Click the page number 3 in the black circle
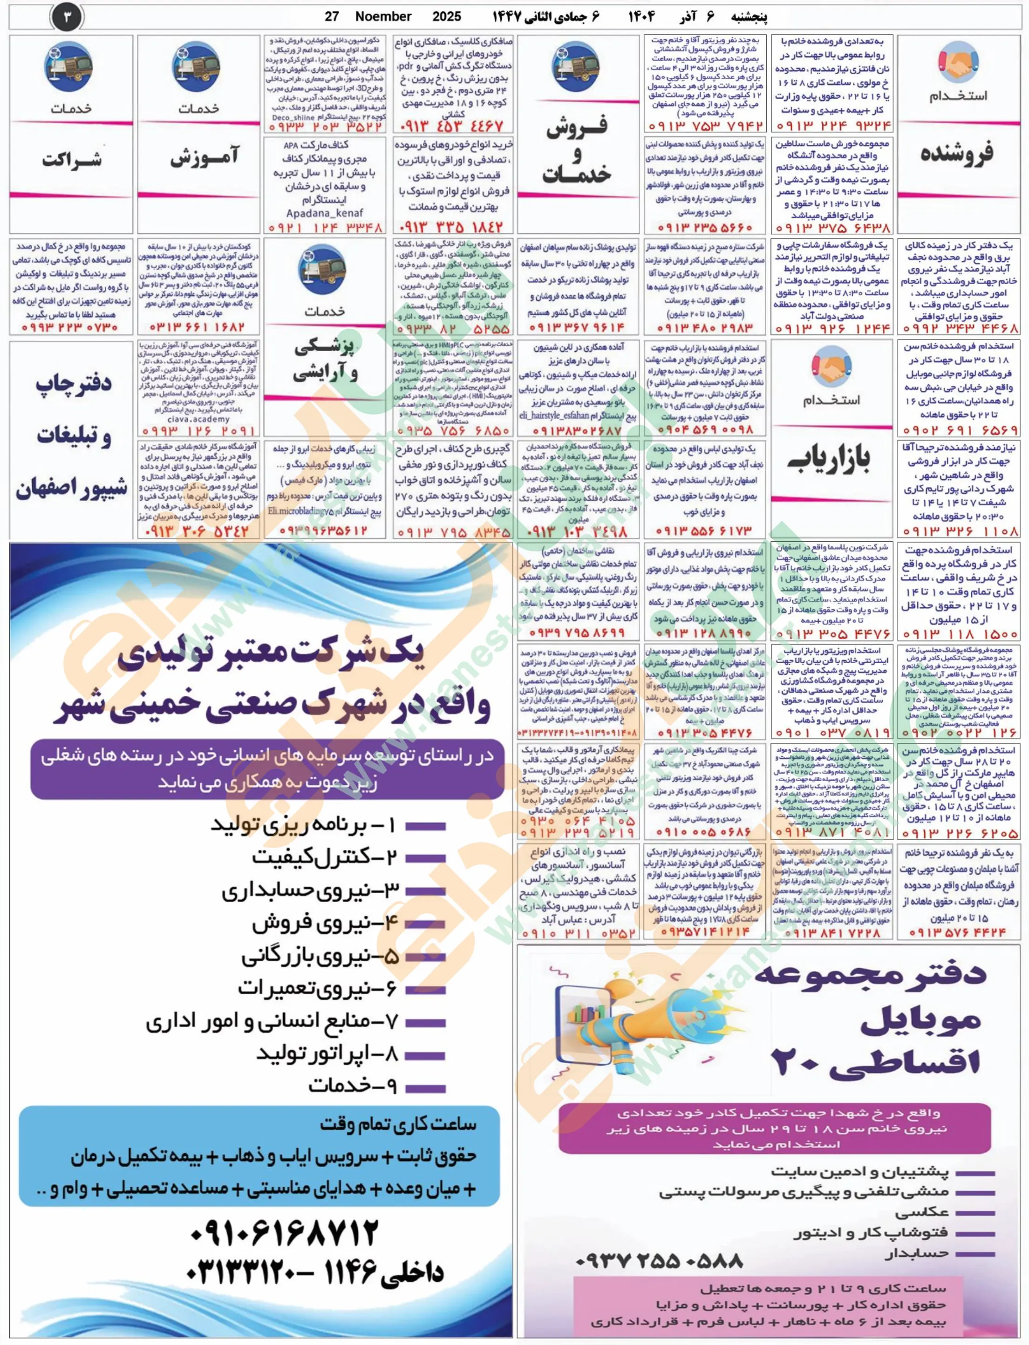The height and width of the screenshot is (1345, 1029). [x=67, y=18]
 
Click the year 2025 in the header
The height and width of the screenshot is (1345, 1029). [x=447, y=16]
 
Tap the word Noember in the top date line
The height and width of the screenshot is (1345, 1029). [x=383, y=16]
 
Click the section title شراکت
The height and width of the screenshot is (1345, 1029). [x=72, y=160]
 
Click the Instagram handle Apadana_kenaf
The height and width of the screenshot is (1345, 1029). [x=325, y=213]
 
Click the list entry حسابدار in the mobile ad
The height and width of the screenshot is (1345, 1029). [x=916, y=1254]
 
